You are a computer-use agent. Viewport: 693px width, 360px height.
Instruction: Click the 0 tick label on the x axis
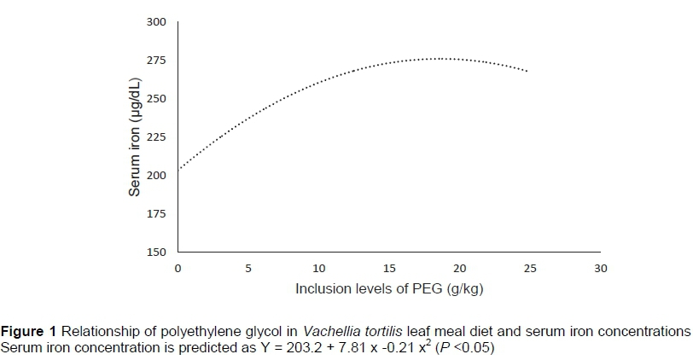178,269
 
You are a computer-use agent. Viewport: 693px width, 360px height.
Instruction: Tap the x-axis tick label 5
248,269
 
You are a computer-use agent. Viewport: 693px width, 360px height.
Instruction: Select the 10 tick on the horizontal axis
319,269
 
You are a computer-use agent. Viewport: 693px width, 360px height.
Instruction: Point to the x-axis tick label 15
389,269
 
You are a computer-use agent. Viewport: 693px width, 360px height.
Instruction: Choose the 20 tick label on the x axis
460,269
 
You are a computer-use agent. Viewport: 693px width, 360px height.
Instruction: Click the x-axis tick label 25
530,269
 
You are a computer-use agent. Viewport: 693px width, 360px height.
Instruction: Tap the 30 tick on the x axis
601,269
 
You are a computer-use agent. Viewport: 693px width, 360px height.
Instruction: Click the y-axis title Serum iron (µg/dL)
135,136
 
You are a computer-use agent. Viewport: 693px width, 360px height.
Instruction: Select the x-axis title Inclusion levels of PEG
389,289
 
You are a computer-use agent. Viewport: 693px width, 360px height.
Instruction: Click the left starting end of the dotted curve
179,168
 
